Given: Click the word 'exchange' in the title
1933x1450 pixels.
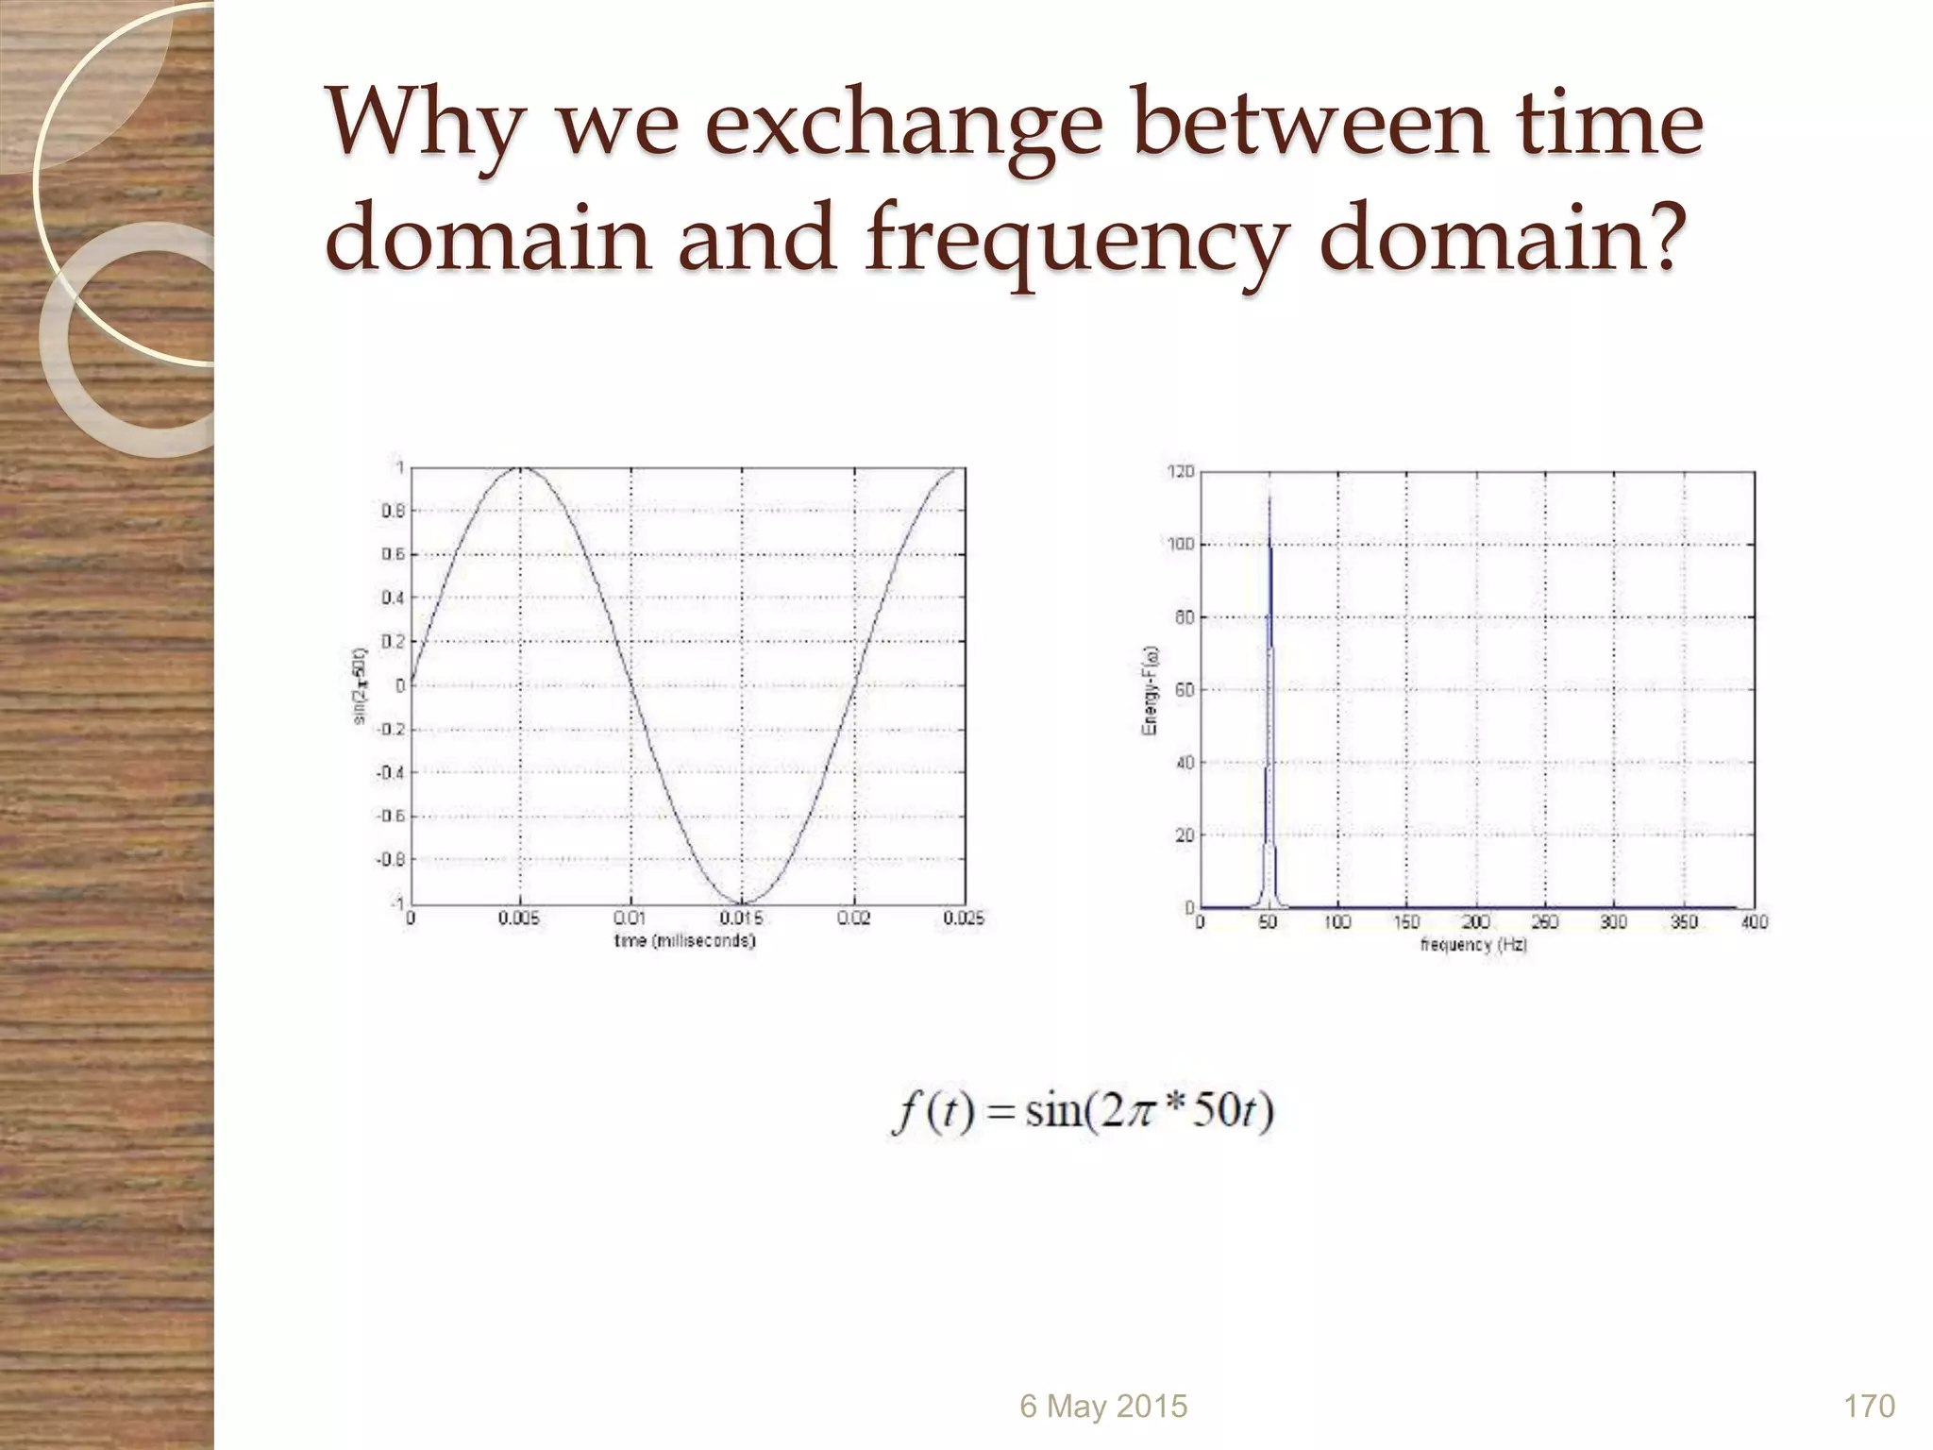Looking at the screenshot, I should (904, 130).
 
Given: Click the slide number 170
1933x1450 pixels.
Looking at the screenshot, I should (1869, 1407).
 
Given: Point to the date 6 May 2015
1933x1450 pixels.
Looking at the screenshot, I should (1103, 1407).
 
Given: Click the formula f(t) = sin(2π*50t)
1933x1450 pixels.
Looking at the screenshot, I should (1083, 1111).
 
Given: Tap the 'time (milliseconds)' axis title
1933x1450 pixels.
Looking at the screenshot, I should (684, 941).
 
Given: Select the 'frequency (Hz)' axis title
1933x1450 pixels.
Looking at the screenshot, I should (1473, 944).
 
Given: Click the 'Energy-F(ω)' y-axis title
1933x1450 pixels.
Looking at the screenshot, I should (1150, 690).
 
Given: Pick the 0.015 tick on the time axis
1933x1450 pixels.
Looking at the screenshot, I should (742, 919).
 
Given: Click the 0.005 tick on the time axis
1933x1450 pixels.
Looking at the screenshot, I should (518, 919).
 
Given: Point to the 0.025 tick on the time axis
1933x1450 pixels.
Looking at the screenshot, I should (964, 919).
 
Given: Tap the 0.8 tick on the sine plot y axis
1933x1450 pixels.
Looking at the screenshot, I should (394, 512).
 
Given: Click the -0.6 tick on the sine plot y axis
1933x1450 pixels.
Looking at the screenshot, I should (392, 816).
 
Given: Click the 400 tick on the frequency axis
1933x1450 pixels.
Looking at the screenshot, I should (1754, 922).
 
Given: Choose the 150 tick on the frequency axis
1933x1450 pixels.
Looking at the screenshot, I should (1406, 922).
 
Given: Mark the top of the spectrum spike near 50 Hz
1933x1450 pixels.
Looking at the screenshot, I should (1269, 497).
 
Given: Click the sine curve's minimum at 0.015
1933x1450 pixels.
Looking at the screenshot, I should (742, 902).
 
